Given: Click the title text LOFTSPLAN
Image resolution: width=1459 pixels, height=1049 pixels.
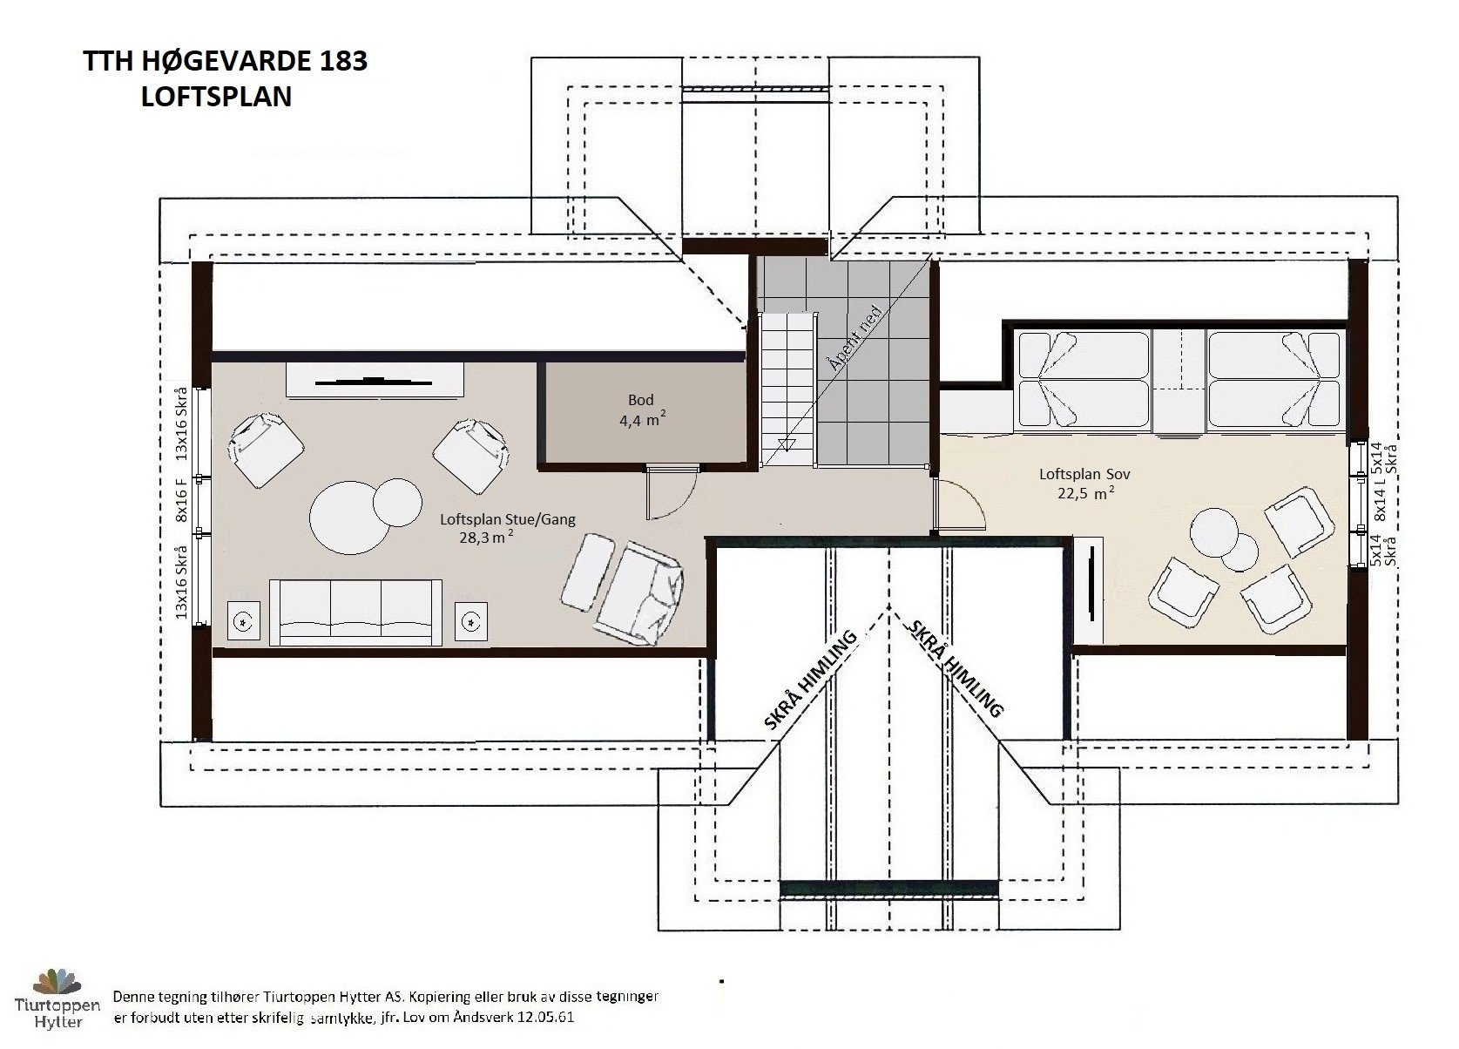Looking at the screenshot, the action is click(216, 97).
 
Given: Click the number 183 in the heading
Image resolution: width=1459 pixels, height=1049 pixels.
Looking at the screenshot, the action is click(343, 61).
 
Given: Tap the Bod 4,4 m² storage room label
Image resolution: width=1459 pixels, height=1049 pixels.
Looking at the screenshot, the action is click(642, 409).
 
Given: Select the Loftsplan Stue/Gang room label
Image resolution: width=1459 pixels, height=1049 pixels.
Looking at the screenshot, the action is click(508, 528).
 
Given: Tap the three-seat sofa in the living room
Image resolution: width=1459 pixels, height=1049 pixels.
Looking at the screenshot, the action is click(355, 612).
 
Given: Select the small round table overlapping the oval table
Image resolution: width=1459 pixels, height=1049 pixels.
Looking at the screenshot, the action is click(397, 503).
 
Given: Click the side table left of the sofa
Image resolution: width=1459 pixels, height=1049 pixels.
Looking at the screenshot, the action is click(244, 621).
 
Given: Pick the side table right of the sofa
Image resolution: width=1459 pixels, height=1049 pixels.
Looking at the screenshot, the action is click(471, 621).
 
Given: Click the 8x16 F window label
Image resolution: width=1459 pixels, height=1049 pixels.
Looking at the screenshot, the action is click(181, 500).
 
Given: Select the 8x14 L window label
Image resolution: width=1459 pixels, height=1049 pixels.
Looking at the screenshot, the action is click(1380, 501).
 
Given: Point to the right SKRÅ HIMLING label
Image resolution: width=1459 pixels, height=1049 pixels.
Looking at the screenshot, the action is click(956, 668).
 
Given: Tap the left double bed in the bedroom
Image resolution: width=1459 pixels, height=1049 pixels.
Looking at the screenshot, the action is click(1084, 381).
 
